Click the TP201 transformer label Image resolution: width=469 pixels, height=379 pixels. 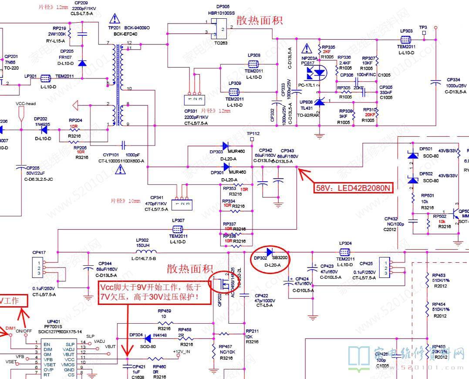114,27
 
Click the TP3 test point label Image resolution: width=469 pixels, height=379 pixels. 423,27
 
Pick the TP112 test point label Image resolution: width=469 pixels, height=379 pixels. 253,133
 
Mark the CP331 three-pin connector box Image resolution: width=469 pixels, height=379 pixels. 193,100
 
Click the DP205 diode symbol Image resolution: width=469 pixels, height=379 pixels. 82,63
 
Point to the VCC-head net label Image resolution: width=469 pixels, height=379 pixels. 26,104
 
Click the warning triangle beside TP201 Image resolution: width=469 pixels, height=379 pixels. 115,18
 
